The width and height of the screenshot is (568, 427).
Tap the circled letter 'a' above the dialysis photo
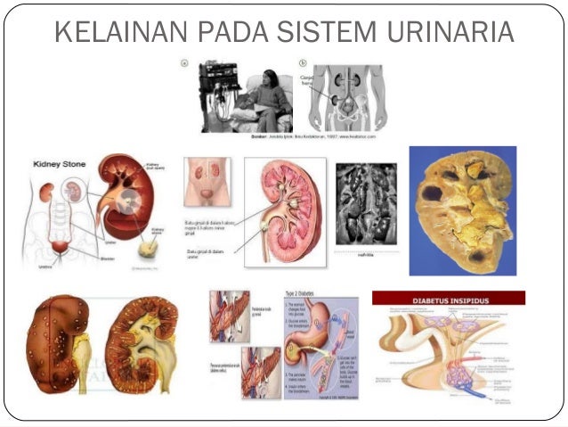click(x=183, y=63)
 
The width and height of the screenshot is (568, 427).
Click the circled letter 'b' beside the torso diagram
click(x=303, y=63)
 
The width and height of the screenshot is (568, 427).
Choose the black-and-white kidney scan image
click(x=367, y=204)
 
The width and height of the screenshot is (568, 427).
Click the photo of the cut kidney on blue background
click(x=461, y=210)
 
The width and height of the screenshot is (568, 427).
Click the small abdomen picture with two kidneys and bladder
click(x=207, y=183)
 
